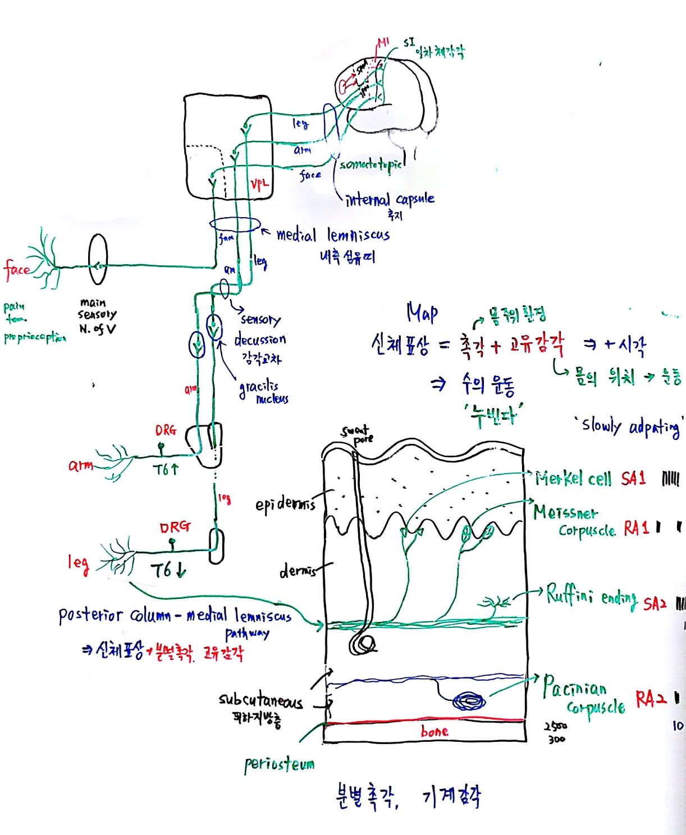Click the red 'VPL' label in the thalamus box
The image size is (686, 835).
259,185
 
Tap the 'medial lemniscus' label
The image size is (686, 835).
332,235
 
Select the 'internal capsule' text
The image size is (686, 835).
390,199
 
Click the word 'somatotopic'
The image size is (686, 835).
371,164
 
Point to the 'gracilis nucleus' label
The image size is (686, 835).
262,391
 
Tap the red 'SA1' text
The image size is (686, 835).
633,479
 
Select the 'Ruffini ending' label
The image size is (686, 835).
591,596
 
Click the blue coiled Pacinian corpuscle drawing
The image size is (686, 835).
468,701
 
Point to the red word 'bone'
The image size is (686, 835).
434,731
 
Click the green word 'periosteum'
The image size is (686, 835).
279,764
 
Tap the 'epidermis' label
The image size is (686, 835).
285,504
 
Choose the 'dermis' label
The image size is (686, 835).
298,571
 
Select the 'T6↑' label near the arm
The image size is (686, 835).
166,469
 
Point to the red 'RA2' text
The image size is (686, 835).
651,699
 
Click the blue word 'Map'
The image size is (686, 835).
422,313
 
